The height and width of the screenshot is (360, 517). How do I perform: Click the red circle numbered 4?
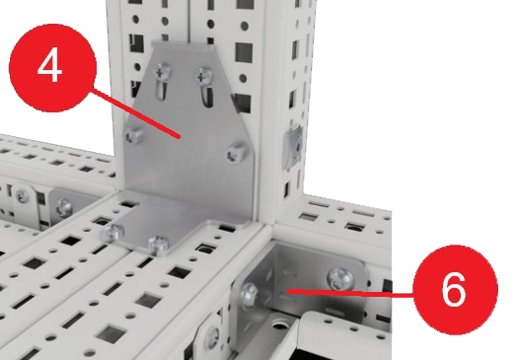[x=52, y=68]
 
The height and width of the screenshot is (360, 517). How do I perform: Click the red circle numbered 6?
[x=455, y=290]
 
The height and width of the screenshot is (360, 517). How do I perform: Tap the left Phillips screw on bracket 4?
[x=162, y=71]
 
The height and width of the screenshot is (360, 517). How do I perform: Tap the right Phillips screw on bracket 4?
[x=204, y=76]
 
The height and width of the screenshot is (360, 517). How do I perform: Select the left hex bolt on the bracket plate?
[x=134, y=135]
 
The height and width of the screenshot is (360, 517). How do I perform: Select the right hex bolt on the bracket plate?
[x=236, y=153]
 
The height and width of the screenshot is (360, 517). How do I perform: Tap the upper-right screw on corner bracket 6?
[x=340, y=279]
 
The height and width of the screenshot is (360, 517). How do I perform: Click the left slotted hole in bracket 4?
[x=161, y=89]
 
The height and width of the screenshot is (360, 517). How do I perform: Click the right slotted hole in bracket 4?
[x=206, y=97]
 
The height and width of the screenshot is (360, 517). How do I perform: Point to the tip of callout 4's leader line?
[x=180, y=137]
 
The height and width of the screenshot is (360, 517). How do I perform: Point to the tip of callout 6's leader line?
[x=288, y=291]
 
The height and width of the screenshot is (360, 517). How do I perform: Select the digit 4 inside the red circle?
[x=50, y=65]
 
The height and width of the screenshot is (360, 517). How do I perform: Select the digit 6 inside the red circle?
[x=454, y=289]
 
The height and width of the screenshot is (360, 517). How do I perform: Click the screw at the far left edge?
[x=22, y=196]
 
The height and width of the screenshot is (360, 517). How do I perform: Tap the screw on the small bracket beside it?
[x=64, y=208]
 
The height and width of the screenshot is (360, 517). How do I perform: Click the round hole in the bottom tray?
[x=280, y=325]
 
